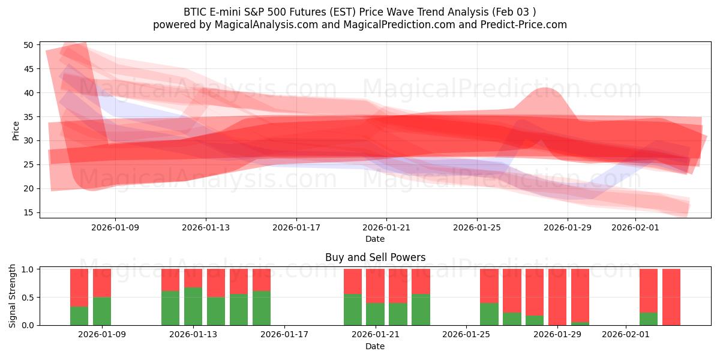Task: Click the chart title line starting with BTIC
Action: [x=360, y=11]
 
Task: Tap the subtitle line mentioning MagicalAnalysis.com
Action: [x=360, y=25]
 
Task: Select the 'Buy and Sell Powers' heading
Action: [x=375, y=257]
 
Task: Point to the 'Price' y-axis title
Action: [x=16, y=130]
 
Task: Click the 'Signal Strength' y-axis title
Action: [x=13, y=296]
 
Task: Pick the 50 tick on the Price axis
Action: [x=28, y=45]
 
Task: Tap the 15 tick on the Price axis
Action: [x=28, y=212]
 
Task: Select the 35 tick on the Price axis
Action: [x=28, y=117]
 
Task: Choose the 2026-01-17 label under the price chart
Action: [x=296, y=228]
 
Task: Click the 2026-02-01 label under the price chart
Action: [x=635, y=228]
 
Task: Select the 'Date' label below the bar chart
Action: [x=375, y=346]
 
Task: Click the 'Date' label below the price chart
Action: [x=375, y=239]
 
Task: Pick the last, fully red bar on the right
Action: [x=671, y=297]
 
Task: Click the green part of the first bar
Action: [x=79, y=316]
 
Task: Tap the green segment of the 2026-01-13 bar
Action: [x=193, y=306]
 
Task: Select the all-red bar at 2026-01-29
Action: [x=557, y=297]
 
